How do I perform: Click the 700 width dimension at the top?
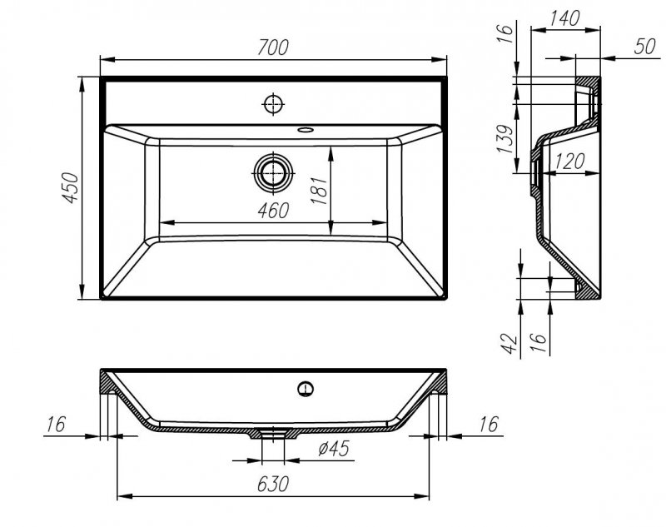click(x=272, y=47)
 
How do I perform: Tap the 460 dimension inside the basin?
click(x=272, y=210)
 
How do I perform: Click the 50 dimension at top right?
click(x=644, y=47)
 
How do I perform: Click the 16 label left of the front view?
click(x=56, y=425)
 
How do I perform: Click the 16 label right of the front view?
click(x=489, y=425)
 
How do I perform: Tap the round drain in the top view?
click(x=271, y=173)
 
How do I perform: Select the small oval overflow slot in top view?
click(x=306, y=130)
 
